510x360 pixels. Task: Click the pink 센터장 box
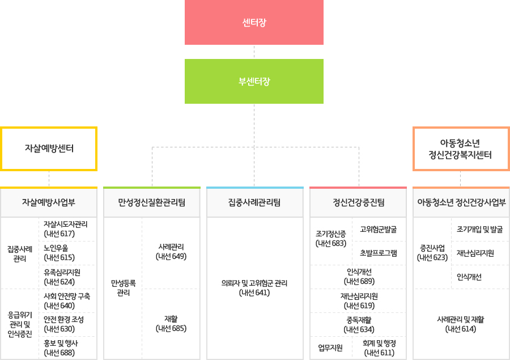pos(254,23)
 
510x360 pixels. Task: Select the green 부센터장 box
pos(254,82)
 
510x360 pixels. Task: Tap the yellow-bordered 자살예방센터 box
pos(49,149)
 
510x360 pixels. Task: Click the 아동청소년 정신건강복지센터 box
pos(460,149)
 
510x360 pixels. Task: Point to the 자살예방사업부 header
pos(49,202)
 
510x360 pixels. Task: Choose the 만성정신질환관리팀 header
pos(151,202)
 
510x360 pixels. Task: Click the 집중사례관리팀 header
pos(254,202)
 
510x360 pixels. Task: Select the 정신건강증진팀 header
pos(358,202)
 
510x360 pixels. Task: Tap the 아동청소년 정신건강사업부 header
pos(461,202)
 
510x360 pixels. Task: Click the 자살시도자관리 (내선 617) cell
pos(66,229)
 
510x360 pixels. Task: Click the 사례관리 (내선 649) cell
pos(171,252)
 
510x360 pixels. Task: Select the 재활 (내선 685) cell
pos(171,324)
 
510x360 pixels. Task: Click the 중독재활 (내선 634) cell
pos(359,324)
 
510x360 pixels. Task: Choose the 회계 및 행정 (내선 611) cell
pos(379,348)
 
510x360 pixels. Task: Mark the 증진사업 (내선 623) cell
pos(432,253)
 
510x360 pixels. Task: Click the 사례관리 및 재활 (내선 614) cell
pos(460,324)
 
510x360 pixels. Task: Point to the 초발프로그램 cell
pos(379,253)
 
